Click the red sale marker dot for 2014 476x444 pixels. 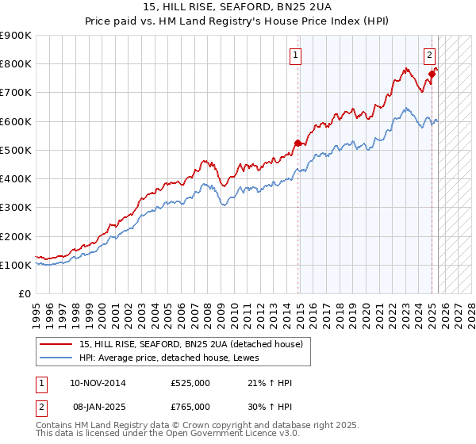(298, 144)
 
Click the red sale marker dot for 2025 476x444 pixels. (432, 74)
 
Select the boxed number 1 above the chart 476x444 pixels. (295, 55)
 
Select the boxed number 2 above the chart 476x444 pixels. (429, 55)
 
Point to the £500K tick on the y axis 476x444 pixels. (16, 150)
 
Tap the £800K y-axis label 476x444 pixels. (16, 63)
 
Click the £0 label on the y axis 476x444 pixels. (24, 294)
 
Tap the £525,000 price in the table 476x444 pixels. (190, 383)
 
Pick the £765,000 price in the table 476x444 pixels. (190, 407)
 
